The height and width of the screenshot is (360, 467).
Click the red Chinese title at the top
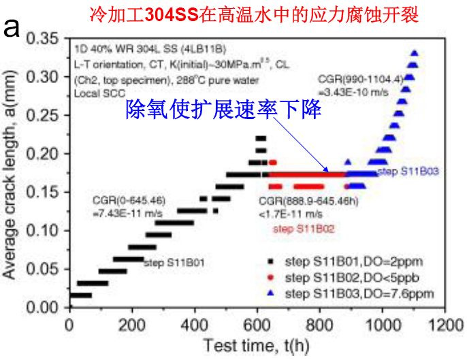point(233,13)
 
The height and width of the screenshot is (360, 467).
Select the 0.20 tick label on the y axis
point(44,154)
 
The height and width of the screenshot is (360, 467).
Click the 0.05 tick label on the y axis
point(44,269)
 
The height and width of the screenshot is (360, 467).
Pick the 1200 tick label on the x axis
point(445,322)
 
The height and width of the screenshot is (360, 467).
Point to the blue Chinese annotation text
point(223,110)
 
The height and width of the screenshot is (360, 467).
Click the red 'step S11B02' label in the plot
point(304,229)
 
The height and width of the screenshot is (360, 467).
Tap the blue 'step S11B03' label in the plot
point(407,170)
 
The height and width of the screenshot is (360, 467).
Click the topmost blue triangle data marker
point(414,53)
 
